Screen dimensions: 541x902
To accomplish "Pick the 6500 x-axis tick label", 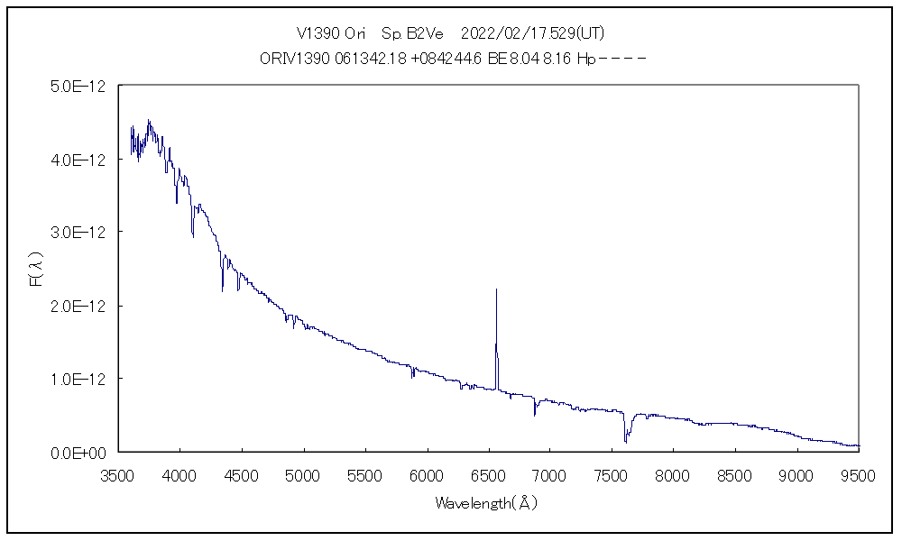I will click(x=487, y=475).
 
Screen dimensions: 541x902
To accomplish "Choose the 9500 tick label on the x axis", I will click(x=857, y=475).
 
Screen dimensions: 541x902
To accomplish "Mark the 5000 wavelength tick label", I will click(x=302, y=475).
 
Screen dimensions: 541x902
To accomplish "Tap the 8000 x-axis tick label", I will click(x=672, y=475).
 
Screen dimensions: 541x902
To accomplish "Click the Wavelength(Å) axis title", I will click(x=486, y=503).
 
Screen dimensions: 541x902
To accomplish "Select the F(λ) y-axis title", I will click(x=37, y=270).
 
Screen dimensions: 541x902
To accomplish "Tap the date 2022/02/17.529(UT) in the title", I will click(x=532, y=33).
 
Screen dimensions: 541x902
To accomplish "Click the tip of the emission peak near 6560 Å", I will click(x=496, y=289).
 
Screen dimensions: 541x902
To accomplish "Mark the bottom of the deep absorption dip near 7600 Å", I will click(x=625, y=443).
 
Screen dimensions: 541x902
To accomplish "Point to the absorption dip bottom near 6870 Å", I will click(x=535, y=416).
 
